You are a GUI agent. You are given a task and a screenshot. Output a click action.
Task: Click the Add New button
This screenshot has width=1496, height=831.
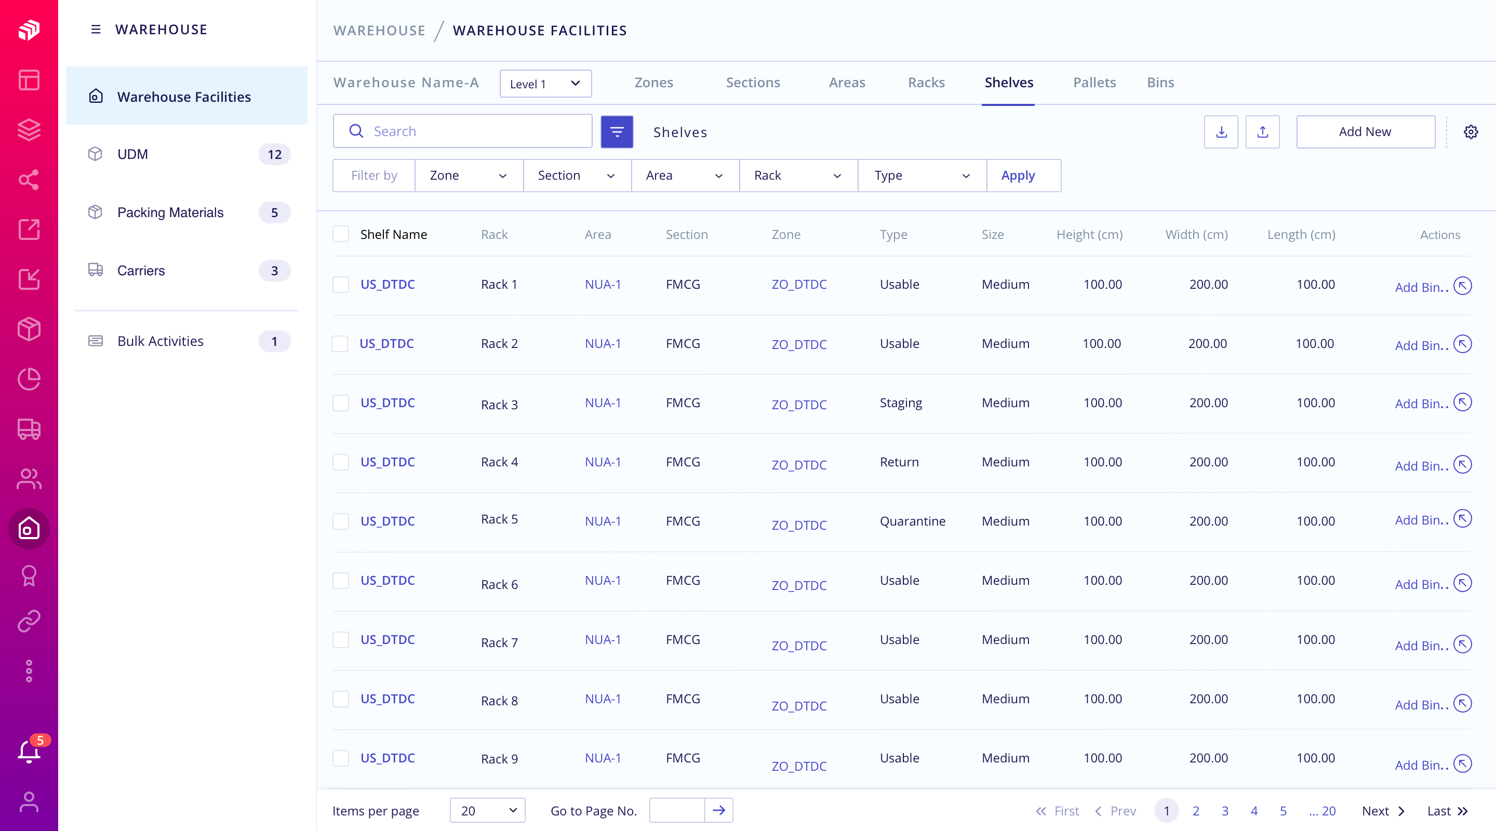1365,132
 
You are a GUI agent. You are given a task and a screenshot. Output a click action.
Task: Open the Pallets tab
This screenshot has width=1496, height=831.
1094,83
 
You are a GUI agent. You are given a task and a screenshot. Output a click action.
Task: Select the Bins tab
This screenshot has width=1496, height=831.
1160,83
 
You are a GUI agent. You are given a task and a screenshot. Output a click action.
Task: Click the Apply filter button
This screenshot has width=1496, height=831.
1018,176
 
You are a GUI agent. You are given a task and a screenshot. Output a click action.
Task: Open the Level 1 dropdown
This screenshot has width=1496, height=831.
545,84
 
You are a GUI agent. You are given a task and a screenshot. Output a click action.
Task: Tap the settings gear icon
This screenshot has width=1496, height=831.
1471,132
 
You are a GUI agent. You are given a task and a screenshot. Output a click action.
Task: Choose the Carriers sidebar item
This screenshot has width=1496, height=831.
141,271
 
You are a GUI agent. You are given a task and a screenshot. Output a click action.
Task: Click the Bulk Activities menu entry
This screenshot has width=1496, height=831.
161,341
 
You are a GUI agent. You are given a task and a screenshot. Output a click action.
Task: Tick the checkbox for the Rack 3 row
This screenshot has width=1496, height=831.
340,403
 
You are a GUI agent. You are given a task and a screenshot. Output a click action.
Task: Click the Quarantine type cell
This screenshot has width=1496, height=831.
912,521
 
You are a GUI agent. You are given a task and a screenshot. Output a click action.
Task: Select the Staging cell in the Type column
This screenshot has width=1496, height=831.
900,403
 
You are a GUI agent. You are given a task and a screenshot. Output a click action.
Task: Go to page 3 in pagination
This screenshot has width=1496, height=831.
1224,811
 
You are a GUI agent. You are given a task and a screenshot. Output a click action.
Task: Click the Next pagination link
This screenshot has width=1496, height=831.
1382,811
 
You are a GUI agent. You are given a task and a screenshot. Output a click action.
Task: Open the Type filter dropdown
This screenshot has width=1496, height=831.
921,176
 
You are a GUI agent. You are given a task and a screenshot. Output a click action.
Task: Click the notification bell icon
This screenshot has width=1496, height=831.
29,752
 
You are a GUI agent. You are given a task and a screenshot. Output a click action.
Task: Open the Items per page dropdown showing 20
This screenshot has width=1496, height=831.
487,811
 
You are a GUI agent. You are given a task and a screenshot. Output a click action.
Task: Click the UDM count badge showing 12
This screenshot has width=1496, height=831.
274,154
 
